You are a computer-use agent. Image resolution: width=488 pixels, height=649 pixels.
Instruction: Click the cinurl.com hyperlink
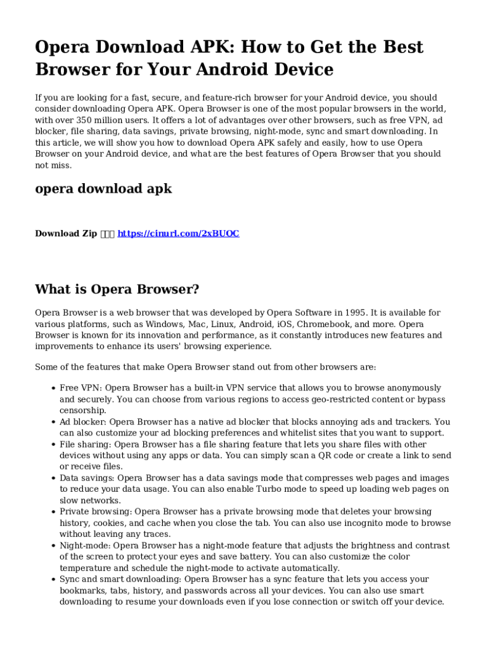[x=179, y=233]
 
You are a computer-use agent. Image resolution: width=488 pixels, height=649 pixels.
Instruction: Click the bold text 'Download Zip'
[x=66, y=233]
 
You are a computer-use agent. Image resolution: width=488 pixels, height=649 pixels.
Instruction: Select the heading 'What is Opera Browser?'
[x=117, y=290]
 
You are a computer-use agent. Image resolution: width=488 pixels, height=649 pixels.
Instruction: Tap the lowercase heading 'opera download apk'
[x=103, y=188]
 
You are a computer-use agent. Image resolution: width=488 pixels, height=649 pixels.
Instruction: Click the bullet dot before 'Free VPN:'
[x=51, y=388]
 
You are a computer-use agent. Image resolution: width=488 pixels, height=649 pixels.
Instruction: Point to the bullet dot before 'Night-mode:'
[x=51, y=546]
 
